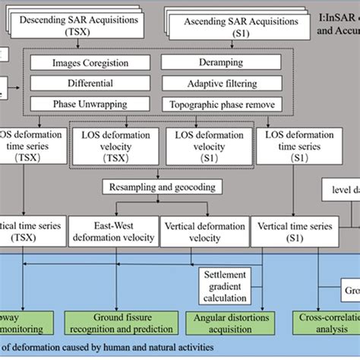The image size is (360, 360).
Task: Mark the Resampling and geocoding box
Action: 162,187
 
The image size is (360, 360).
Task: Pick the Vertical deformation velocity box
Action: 204,230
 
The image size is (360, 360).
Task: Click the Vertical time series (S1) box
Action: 297,230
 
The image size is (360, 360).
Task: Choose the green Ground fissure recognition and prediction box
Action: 114,320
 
